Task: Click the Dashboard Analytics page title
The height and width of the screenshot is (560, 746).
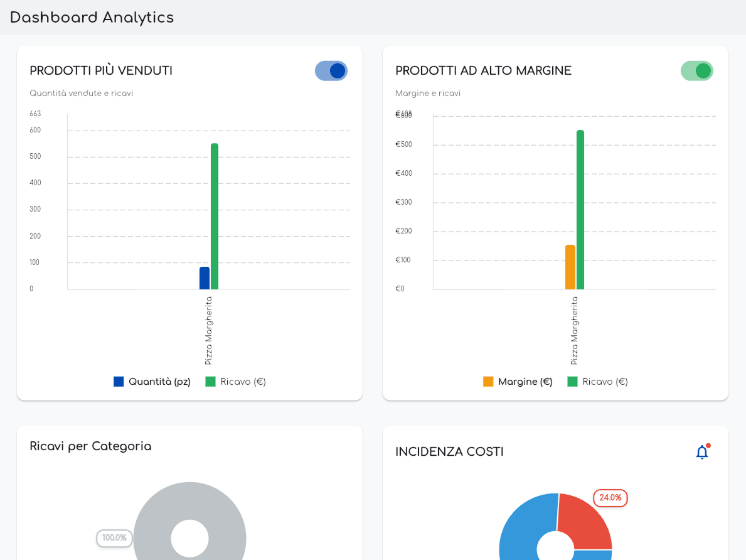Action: pos(92,18)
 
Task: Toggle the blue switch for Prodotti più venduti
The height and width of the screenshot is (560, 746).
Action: pos(331,71)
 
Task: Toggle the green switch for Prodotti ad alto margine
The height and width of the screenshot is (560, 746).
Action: pos(696,71)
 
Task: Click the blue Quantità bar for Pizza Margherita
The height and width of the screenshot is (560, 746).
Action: pos(205,278)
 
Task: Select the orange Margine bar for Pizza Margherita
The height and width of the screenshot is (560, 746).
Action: pos(570,267)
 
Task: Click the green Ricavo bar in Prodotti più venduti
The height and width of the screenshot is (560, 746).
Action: pos(215,217)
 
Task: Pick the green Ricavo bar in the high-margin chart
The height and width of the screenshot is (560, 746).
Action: pos(580,210)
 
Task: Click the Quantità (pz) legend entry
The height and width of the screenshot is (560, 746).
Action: pos(152,382)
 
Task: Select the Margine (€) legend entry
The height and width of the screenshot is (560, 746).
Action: pos(518,382)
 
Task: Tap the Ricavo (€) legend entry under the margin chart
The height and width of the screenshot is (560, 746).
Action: pos(597,382)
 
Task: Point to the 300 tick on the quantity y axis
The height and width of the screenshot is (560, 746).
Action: pos(35,209)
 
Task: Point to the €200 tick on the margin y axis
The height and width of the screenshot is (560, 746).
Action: pos(403,231)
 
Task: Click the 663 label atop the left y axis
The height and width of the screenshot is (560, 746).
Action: pos(35,114)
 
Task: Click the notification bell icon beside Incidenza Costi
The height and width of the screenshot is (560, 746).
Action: pos(702,452)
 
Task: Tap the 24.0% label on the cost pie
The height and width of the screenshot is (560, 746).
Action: pos(610,498)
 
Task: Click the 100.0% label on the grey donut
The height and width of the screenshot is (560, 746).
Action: pos(114,538)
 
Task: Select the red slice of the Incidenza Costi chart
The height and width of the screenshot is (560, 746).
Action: pos(583,521)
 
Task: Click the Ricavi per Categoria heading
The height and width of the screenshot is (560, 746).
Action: pos(90,446)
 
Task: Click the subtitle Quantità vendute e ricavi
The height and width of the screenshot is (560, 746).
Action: pos(82,94)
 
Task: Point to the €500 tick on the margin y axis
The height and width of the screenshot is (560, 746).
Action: pos(403,144)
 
